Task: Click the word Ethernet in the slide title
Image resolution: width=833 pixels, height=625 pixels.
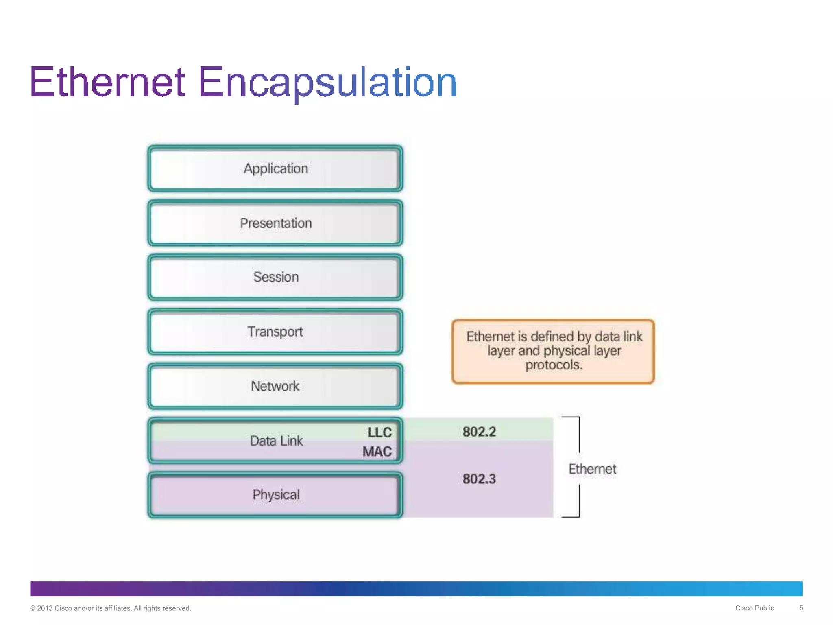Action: (x=108, y=83)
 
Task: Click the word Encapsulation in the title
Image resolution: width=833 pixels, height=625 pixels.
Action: (x=327, y=83)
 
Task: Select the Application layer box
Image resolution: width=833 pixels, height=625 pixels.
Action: (x=275, y=168)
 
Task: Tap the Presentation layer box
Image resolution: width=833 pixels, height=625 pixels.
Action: (x=275, y=223)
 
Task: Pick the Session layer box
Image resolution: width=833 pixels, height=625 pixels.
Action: (x=275, y=277)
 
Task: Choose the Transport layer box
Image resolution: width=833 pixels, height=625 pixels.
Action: (x=275, y=332)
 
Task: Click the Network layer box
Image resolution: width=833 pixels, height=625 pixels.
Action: (x=275, y=386)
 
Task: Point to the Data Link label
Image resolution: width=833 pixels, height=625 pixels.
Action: (x=276, y=441)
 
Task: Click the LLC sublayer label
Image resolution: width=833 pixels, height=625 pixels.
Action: (x=379, y=432)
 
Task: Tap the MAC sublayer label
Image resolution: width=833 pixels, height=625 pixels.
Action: (x=377, y=452)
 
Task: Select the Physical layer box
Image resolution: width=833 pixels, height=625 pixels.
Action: (x=275, y=495)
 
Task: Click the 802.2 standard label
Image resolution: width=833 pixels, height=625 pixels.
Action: (x=479, y=432)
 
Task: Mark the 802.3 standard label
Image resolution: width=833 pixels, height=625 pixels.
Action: (x=479, y=479)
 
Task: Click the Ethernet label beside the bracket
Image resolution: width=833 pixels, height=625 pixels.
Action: (x=592, y=469)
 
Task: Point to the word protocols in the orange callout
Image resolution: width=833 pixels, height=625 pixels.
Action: (x=554, y=365)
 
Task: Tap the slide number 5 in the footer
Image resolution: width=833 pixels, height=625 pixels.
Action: (x=801, y=608)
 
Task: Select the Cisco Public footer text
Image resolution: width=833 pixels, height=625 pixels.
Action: (x=754, y=608)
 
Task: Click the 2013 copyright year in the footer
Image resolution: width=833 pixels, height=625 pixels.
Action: (x=45, y=608)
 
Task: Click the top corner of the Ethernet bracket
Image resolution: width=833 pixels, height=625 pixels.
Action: (x=579, y=417)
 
